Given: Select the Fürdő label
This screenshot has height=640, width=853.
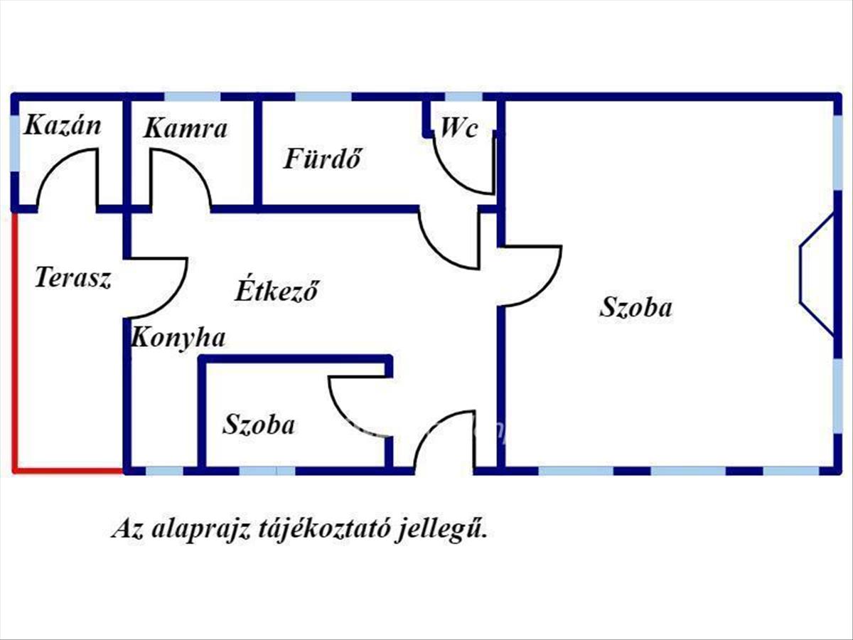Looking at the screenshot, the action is point(323,158).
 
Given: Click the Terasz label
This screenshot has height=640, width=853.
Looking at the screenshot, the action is point(73,277).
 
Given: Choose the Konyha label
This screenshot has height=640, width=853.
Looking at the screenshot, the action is point(178,337).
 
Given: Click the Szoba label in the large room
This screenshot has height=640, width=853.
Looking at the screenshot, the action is point(636,307).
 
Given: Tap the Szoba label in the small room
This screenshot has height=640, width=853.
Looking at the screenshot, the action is point(259,425).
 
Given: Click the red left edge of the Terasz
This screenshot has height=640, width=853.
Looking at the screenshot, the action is point(15,341).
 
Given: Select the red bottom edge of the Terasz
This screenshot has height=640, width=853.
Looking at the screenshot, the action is point(68,471).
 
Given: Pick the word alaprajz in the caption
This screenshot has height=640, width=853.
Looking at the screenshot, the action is point(200,529).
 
